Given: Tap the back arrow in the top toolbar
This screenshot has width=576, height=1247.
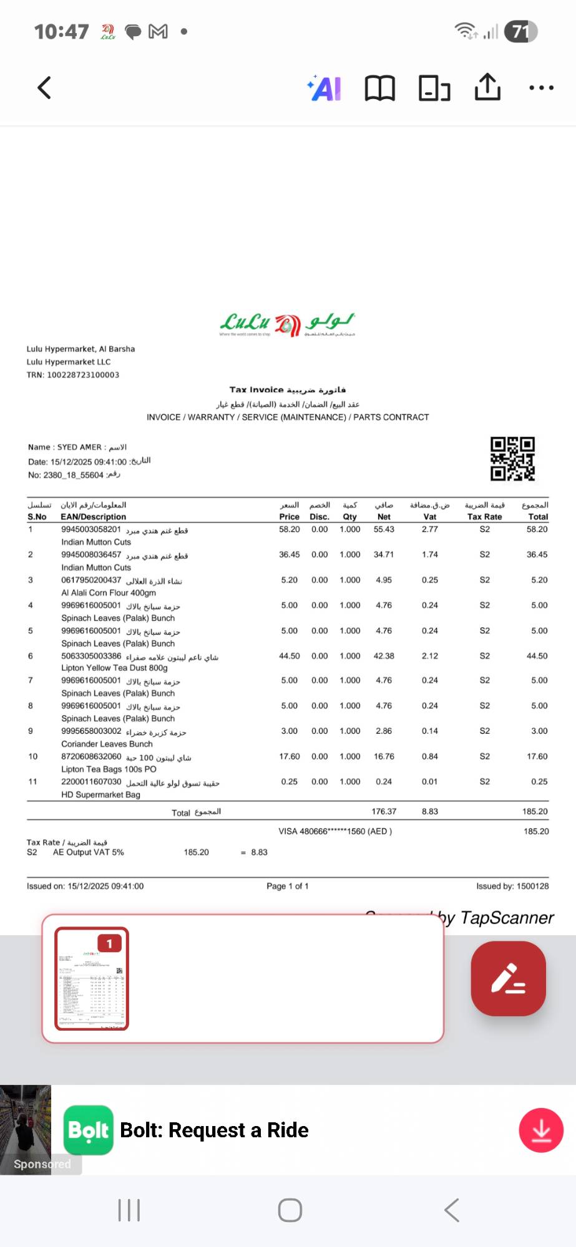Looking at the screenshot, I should click(x=44, y=88).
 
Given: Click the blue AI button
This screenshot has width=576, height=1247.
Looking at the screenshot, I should click(x=325, y=89).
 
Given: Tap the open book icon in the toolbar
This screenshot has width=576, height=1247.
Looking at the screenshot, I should click(x=379, y=89).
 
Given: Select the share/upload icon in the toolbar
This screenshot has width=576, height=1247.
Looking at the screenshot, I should click(x=487, y=87).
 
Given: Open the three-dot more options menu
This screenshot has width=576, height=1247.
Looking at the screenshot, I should click(x=541, y=88).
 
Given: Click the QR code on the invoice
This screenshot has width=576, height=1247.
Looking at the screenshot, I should click(x=512, y=459).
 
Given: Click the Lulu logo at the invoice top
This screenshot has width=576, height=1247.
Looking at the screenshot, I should click(x=287, y=324).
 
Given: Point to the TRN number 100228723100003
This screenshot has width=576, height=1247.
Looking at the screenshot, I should click(x=83, y=375).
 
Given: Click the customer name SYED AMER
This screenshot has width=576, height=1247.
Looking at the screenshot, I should click(x=79, y=447).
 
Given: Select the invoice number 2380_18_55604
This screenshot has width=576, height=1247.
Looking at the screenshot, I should click(x=74, y=475).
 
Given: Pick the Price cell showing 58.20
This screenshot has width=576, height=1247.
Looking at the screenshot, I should click(x=289, y=529).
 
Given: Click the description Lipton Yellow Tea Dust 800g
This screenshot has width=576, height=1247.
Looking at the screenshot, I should click(x=114, y=668).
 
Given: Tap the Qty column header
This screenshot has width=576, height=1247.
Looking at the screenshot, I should click(x=349, y=517).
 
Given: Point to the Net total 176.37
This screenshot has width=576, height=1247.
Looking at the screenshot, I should click(x=384, y=811).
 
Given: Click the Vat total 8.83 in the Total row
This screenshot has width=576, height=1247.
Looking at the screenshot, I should click(x=429, y=811).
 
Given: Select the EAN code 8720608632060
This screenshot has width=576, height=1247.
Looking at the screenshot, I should click(x=91, y=756).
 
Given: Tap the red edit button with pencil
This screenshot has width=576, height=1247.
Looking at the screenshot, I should click(x=508, y=978).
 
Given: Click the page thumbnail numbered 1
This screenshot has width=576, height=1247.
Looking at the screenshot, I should click(x=92, y=978).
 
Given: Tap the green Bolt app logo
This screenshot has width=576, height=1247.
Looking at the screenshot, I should click(x=89, y=1130).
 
